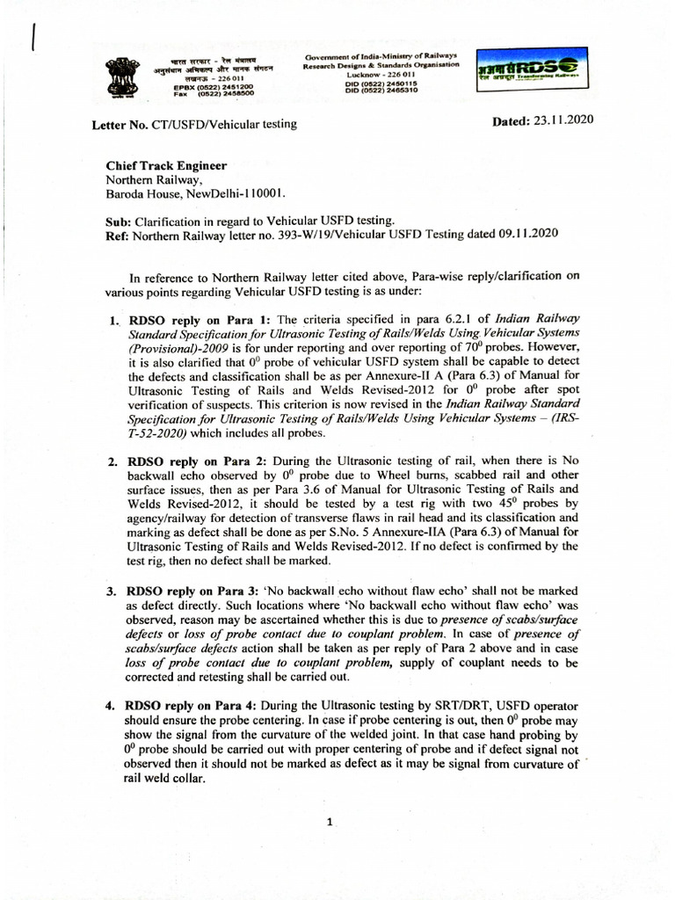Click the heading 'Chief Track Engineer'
[166, 165]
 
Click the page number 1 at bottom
[329, 823]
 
